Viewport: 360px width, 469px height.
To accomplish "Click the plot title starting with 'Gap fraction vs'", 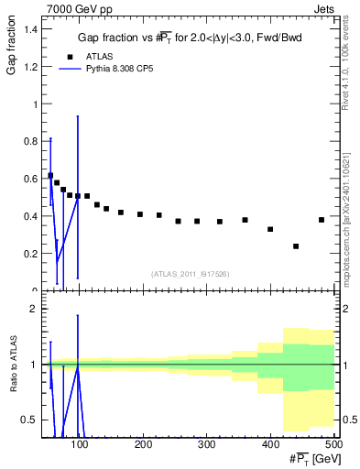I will [187, 38].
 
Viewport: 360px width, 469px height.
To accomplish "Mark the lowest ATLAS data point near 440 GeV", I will [296, 245].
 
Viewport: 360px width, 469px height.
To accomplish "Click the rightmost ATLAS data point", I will [322, 220].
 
